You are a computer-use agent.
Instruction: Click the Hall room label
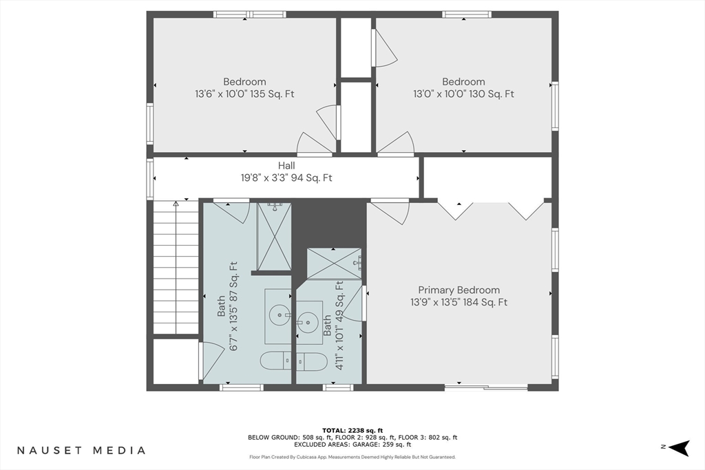click(x=286, y=165)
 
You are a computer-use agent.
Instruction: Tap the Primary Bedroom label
click(x=459, y=290)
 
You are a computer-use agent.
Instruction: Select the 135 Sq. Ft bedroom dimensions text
click(x=244, y=94)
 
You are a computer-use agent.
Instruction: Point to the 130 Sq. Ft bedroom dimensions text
click(x=463, y=94)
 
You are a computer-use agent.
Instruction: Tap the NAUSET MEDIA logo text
click(x=81, y=450)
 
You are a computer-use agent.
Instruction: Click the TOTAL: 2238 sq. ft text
click(x=352, y=431)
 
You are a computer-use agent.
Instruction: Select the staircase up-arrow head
click(x=176, y=204)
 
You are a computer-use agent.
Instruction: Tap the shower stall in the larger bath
click(x=274, y=236)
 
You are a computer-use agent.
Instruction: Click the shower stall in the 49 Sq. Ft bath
click(x=334, y=264)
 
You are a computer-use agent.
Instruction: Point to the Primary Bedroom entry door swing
click(x=390, y=212)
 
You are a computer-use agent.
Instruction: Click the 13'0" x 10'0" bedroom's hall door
click(x=395, y=144)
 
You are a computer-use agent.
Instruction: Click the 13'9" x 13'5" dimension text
click(x=459, y=302)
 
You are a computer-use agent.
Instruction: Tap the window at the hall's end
click(x=149, y=178)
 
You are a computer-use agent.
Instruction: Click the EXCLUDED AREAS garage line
click(x=352, y=445)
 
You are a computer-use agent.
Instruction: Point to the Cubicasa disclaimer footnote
click(x=352, y=457)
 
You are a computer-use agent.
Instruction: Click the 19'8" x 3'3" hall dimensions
click(x=286, y=178)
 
